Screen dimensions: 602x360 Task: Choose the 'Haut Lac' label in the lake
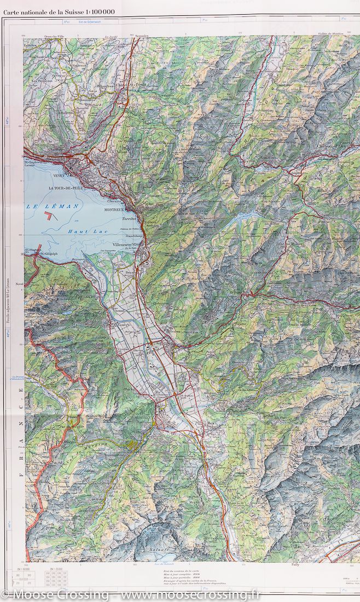[82, 231]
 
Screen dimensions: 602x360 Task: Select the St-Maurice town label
[201, 459]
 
